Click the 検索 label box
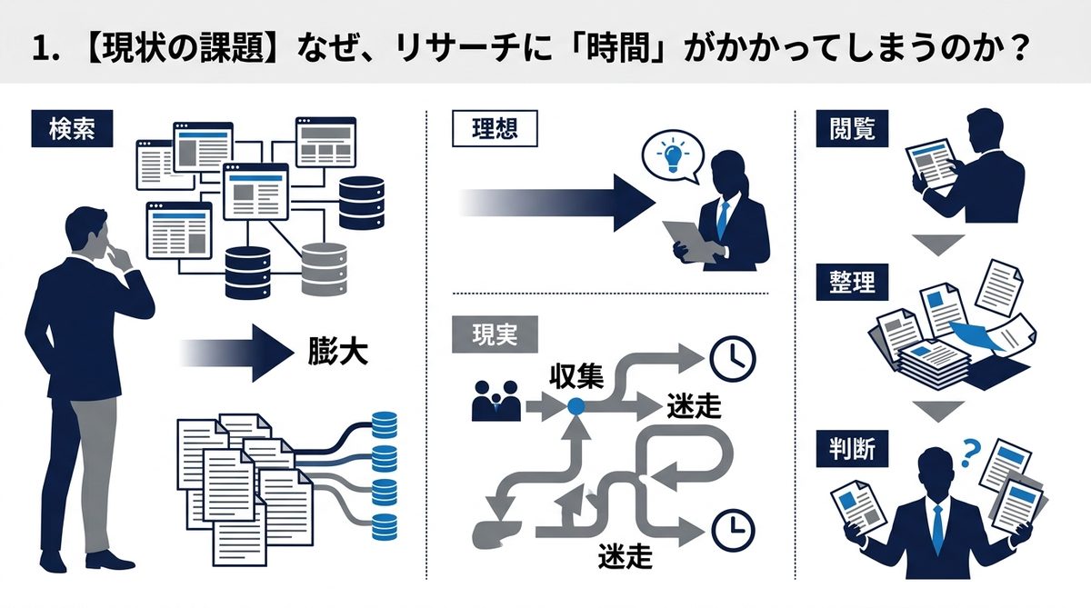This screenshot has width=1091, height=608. coord(72,130)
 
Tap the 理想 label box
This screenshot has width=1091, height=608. coord(495,128)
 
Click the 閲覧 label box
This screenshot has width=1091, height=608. coord(852,129)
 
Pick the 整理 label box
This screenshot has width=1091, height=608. coord(852,282)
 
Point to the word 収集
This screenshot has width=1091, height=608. coord(576,376)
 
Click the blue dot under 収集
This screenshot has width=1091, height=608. coord(576,407)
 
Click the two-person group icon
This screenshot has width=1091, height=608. coord(496,401)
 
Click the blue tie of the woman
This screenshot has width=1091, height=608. coord(724,219)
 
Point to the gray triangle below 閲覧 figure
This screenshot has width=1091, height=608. coord(937,244)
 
